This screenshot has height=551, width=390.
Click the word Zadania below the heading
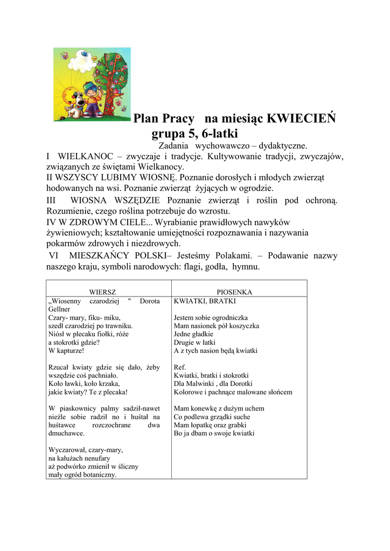tap(173, 146)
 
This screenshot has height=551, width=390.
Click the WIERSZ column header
tap(102, 292)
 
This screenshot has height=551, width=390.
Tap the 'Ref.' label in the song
tap(180, 368)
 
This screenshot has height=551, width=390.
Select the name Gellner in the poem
tap(59, 309)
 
